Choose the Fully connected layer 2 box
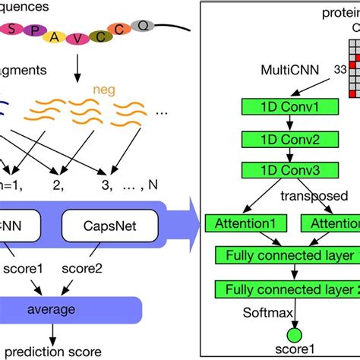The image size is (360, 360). (288, 289)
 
